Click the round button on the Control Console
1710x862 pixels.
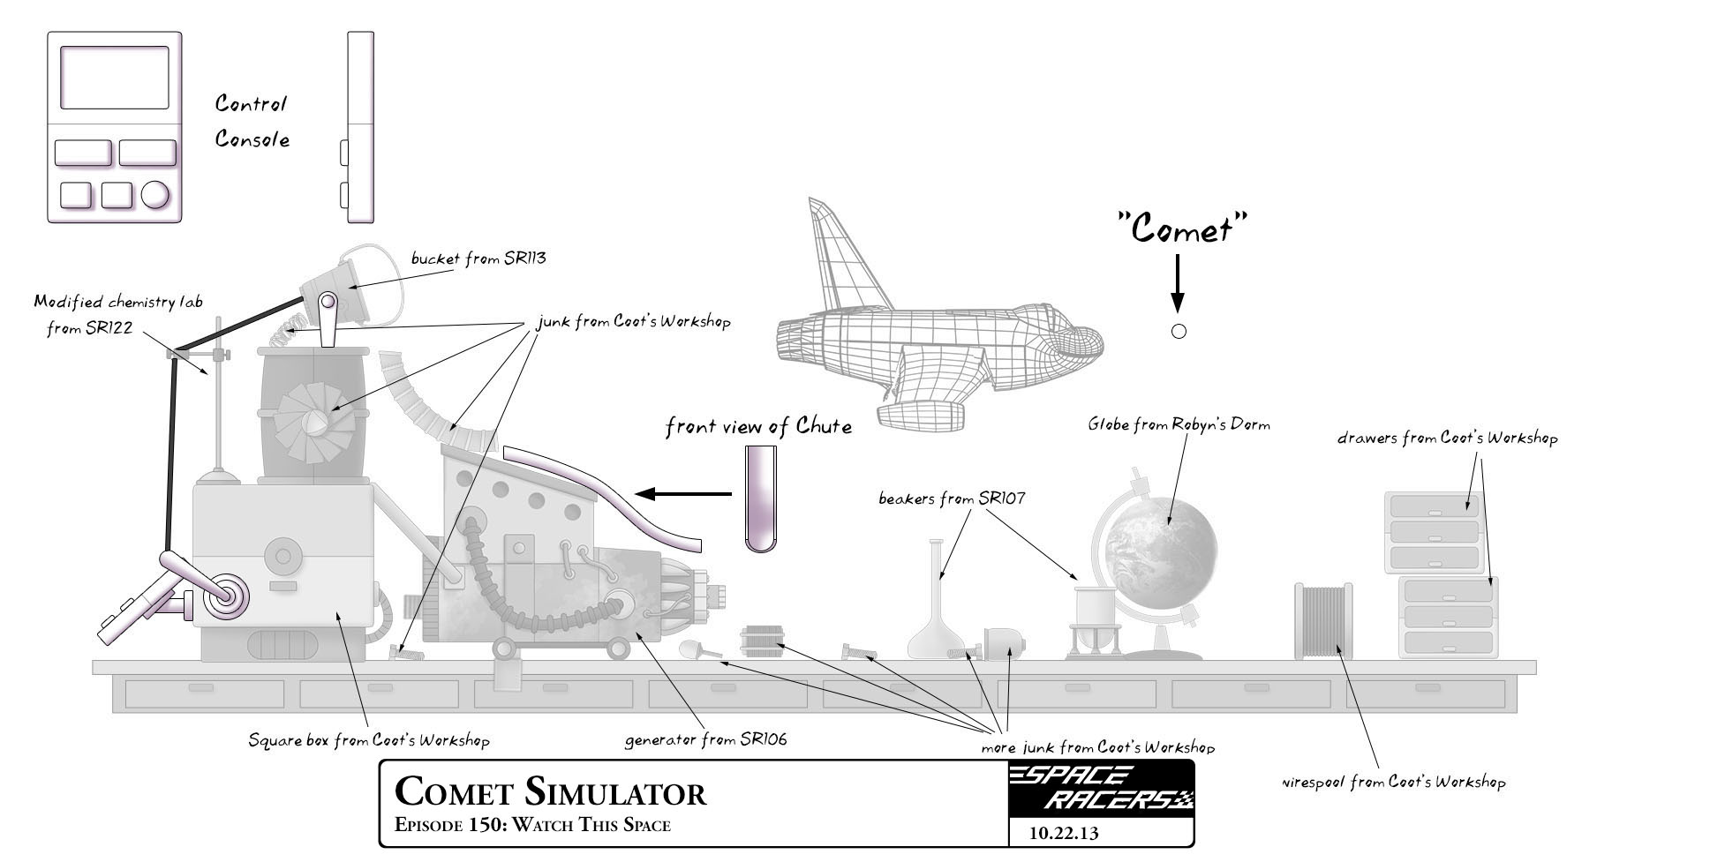click(155, 195)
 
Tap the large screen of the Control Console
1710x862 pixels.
click(115, 78)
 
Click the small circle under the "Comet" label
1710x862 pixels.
click(1178, 332)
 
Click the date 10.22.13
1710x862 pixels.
click(1064, 833)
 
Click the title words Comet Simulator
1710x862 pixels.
click(550, 791)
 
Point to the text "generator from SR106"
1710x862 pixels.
click(705, 739)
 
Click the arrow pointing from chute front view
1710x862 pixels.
click(684, 494)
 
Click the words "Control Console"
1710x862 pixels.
click(252, 122)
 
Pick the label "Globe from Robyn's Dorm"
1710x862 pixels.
click(1178, 424)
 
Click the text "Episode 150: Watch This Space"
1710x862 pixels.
click(532, 826)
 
